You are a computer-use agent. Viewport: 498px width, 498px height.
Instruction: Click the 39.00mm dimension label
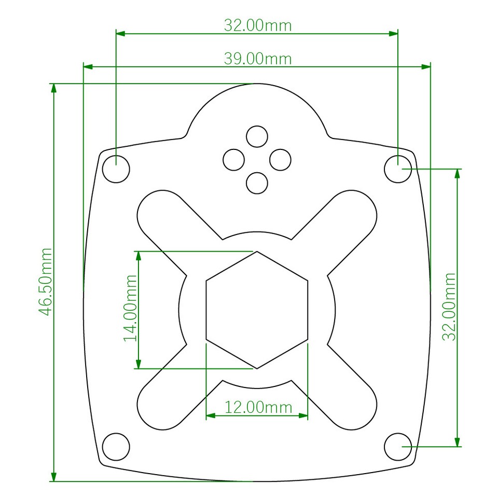tap(257, 59)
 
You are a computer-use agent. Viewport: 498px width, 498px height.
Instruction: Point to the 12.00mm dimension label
tap(257, 407)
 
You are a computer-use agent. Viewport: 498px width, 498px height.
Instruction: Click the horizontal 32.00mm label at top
tap(257, 25)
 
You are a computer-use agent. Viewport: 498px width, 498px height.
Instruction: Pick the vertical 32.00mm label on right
tap(449, 306)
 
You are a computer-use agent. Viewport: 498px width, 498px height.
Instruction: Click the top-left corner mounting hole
tap(116, 169)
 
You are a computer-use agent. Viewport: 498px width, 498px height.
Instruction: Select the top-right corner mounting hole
tap(398, 169)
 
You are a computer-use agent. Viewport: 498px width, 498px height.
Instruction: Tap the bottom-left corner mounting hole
tap(116, 446)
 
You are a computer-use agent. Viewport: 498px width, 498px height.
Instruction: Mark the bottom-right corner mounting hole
tap(398, 446)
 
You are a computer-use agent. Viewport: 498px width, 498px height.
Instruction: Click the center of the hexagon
tap(257, 310)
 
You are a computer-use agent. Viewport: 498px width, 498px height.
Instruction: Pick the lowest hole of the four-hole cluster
tap(257, 183)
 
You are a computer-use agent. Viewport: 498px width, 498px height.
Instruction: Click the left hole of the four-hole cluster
tap(234, 159)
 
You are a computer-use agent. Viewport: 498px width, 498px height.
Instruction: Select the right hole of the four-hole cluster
tap(280, 159)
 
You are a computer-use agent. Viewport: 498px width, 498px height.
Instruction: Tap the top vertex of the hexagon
tap(257, 252)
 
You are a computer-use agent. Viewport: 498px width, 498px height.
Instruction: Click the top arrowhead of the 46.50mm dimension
tap(53, 87)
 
